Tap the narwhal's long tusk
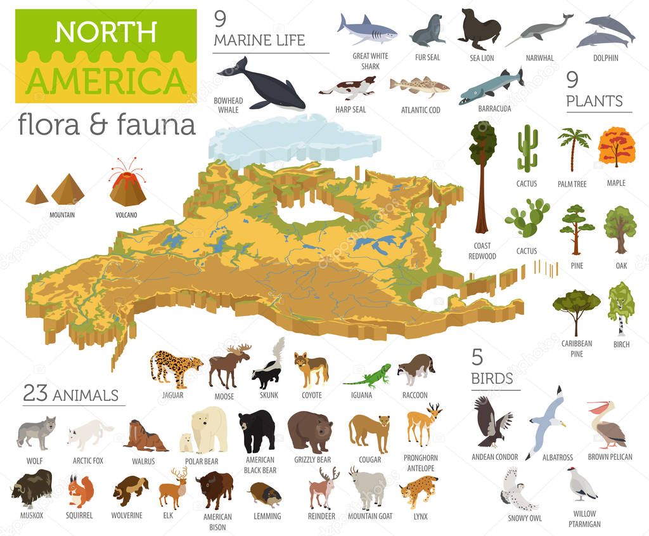tap(515, 41)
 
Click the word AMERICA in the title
tap(106, 80)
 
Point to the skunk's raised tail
tap(278, 350)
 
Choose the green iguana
tap(367, 376)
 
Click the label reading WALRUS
tap(145, 461)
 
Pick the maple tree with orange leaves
tap(616, 147)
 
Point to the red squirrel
tap(80, 490)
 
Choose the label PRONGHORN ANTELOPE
tap(420, 462)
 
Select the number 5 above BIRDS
tap(477, 357)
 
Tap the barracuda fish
tap(491, 86)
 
